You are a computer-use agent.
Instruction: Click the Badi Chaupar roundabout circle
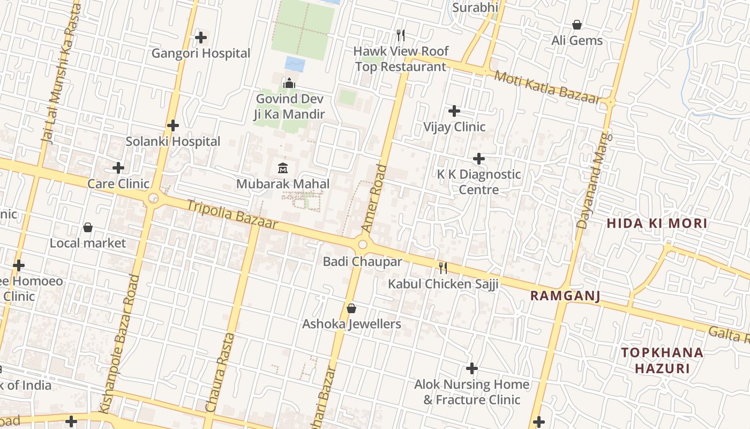363,245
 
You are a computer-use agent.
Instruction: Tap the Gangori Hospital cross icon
201,38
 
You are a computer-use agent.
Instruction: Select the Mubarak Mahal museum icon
283,168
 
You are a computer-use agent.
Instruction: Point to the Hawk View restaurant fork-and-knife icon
401,35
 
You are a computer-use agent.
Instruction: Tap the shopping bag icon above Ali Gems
577,25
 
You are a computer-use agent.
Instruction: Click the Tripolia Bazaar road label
232,214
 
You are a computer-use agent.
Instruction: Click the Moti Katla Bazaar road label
547,87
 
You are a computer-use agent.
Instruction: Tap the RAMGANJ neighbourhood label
565,296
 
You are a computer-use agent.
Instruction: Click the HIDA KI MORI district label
657,223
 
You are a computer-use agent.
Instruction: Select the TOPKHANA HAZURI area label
662,360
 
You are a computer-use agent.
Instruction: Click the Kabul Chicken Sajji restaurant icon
443,268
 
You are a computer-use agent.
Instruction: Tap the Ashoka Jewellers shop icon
351,308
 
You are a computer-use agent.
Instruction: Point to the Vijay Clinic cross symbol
454,111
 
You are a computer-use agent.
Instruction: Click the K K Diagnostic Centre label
478,182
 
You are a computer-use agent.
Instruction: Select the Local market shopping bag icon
88,227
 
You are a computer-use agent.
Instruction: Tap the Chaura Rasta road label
220,373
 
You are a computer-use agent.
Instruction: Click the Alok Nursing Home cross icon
471,368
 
